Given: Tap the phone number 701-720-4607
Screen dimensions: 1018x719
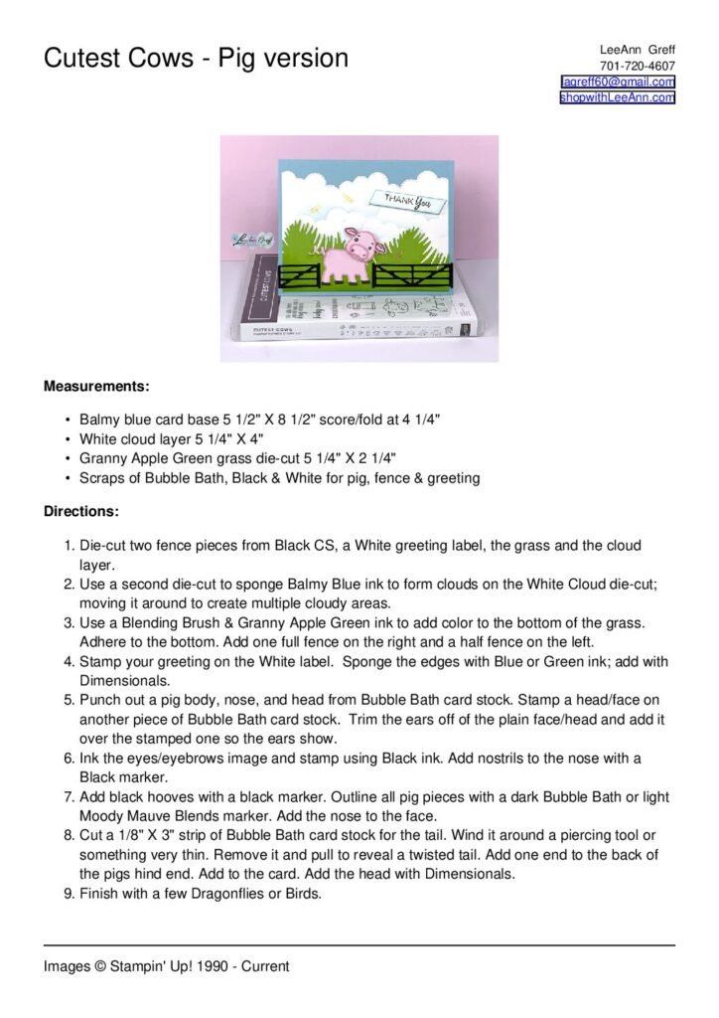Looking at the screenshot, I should pyautogui.click(x=638, y=66).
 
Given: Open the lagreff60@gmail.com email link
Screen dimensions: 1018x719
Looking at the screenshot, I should pyautogui.click(x=618, y=82).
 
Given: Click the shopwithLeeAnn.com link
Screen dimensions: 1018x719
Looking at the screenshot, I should pyautogui.click(x=618, y=97).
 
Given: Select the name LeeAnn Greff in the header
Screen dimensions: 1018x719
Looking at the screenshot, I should pyautogui.click(x=638, y=50).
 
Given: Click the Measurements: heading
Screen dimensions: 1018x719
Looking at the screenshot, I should pyautogui.click(x=96, y=385).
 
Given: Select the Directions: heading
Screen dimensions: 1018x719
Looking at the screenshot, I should pyautogui.click(x=81, y=512).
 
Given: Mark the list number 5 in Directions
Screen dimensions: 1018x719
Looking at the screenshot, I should pyautogui.click(x=69, y=681).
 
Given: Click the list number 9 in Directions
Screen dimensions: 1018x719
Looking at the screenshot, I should pyautogui.click(x=69, y=893).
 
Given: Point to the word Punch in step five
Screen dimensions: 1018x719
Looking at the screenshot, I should pyautogui.click(x=99, y=681).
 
